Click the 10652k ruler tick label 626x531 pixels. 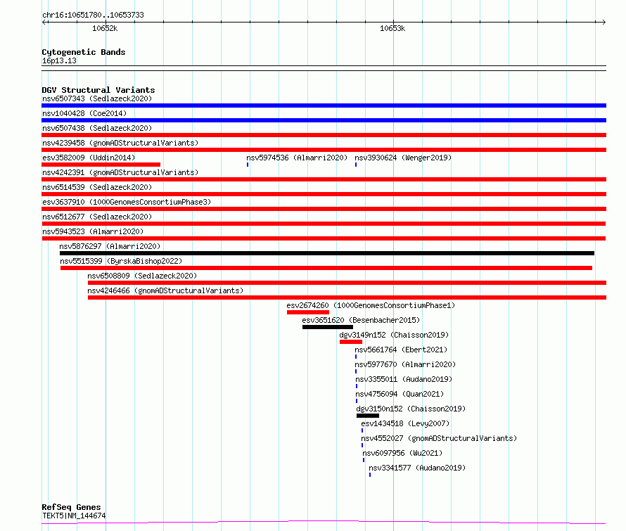click(x=105, y=28)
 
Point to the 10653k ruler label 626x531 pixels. click(x=392, y=28)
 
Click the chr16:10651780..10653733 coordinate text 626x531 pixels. click(x=93, y=15)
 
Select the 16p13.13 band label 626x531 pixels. click(x=59, y=60)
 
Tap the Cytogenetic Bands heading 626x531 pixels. click(x=84, y=52)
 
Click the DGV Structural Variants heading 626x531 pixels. click(x=98, y=90)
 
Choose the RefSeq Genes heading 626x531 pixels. click(x=71, y=507)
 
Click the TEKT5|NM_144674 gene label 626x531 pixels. click(x=74, y=516)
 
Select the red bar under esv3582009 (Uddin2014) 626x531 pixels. click(x=101, y=165)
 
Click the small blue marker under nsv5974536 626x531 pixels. click(x=248, y=165)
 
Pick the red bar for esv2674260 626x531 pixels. click(x=308, y=312)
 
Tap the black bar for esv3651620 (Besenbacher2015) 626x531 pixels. click(x=328, y=327)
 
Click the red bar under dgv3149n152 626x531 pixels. click(x=351, y=342)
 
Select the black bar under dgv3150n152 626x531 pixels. click(x=368, y=416)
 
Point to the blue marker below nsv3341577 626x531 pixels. click(x=370, y=475)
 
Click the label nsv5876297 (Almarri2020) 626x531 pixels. click(x=110, y=246)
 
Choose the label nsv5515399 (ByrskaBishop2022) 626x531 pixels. click(x=121, y=261)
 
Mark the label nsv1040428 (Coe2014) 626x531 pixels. click(x=84, y=113)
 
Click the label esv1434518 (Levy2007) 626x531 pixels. click(x=405, y=423)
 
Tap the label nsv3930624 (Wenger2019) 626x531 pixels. click(x=403, y=158)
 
